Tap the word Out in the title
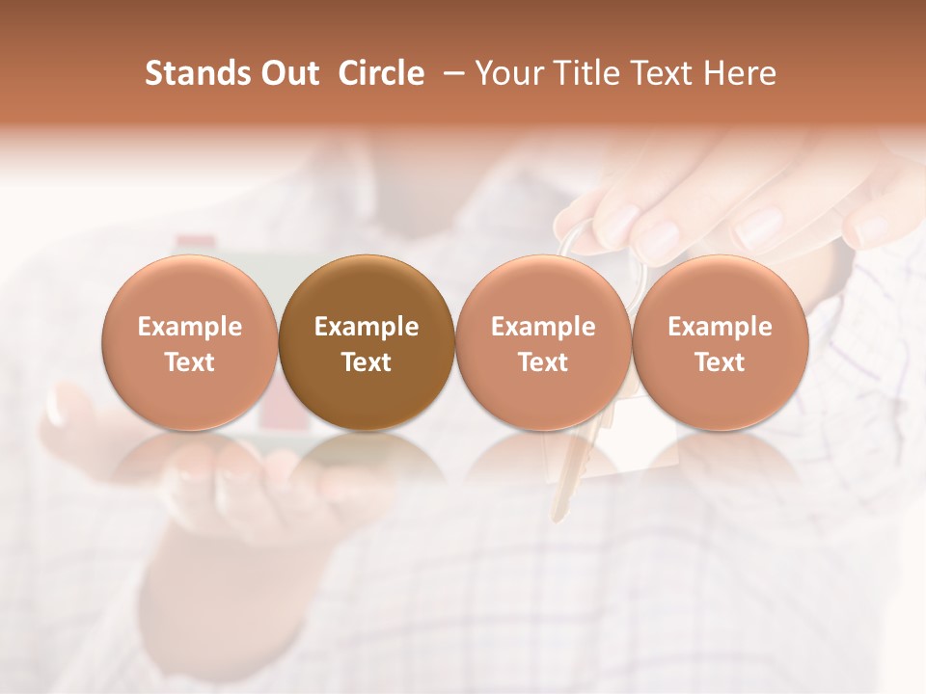click(x=286, y=74)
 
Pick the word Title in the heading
click(x=591, y=74)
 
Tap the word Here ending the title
click(x=742, y=74)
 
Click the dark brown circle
click(x=367, y=342)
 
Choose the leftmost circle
click(x=189, y=342)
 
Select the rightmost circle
click(x=720, y=342)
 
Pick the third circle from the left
click(x=543, y=342)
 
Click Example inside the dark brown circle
click(x=367, y=327)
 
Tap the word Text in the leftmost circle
click(x=189, y=362)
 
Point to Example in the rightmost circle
click(x=720, y=327)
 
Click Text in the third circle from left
click(x=543, y=362)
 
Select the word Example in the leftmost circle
click(x=189, y=327)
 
